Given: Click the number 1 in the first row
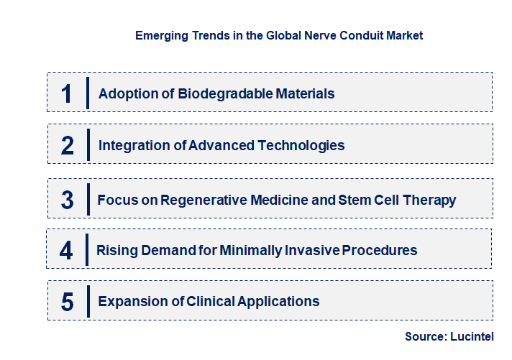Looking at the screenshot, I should point(67,93).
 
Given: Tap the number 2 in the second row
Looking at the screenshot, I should point(68,145).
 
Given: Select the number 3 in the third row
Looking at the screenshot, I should point(68,200).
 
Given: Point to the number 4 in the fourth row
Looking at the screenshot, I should point(66,251).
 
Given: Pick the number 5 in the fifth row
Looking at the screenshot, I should point(68,302).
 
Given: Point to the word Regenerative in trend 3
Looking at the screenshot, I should point(206,200).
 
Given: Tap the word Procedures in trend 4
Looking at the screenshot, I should point(379,251).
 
